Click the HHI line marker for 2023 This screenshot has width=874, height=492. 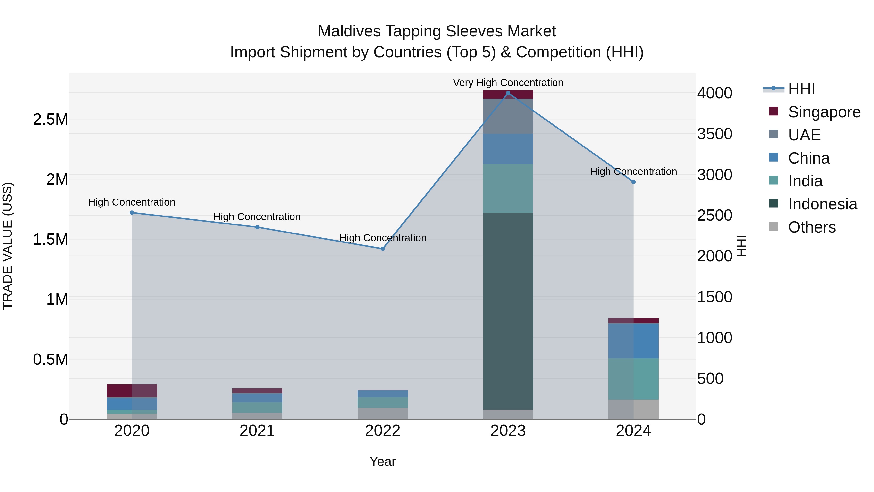point(508,93)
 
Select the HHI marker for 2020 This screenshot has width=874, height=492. point(132,213)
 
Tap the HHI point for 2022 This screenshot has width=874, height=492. point(383,249)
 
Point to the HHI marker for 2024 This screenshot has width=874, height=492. point(633,182)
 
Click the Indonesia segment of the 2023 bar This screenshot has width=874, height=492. point(508,311)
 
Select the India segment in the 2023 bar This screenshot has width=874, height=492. point(508,189)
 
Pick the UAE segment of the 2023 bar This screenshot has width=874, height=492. point(508,116)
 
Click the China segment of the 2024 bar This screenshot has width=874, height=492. point(633,341)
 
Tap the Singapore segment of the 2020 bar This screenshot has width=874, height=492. point(132,390)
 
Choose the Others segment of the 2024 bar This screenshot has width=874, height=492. point(633,409)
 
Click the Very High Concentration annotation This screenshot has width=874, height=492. point(508,83)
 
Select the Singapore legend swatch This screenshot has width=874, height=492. point(773,111)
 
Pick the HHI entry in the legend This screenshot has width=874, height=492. point(801,89)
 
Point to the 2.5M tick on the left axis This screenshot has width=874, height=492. point(50,120)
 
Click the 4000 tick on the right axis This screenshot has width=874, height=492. point(714,93)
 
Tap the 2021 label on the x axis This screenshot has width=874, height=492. point(257,431)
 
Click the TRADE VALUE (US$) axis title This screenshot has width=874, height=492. point(8,246)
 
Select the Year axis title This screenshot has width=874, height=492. point(382,461)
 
